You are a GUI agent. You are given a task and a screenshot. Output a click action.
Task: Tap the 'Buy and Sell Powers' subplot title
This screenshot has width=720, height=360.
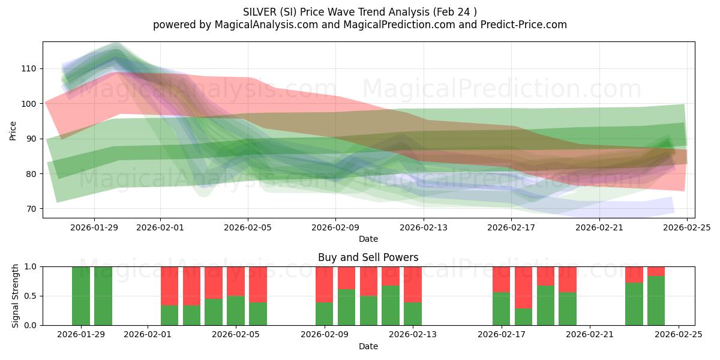[x=368, y=257]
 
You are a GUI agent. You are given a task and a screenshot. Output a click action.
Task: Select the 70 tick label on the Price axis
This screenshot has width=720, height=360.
[x=30, y=209]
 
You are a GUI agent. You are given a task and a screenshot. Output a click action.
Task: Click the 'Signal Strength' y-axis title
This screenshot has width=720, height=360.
[x=16, y=296]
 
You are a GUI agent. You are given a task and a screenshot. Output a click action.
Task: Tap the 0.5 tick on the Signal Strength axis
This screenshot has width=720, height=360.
[x=30, y=296]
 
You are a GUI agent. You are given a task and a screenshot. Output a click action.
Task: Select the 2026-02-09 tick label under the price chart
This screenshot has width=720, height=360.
[x=335, y=227]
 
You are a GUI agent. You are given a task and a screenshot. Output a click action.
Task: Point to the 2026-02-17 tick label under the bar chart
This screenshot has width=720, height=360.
[x=501, y=334]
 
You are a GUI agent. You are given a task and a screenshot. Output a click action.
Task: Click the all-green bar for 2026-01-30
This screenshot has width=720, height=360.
[x=103, y=296]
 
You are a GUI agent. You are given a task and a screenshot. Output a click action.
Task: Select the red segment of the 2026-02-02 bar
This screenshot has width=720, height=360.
[x=170, y=286]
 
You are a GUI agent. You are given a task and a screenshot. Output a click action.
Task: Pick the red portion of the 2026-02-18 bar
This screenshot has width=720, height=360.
[x=523, y=287]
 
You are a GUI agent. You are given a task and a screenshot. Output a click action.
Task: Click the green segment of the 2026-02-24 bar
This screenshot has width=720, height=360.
[x=656, y=301]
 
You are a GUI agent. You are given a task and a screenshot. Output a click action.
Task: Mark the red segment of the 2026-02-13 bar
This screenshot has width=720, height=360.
[x=413, y=284]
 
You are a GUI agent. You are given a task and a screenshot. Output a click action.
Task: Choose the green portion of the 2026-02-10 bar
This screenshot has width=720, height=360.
[x=346, y=307]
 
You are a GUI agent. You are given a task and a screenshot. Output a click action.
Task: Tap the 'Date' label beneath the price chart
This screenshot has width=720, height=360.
[x=368, y=239]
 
